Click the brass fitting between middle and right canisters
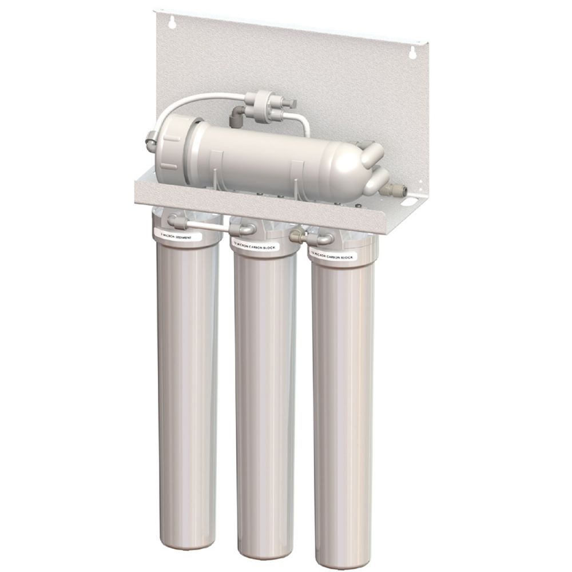pos(296,235)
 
